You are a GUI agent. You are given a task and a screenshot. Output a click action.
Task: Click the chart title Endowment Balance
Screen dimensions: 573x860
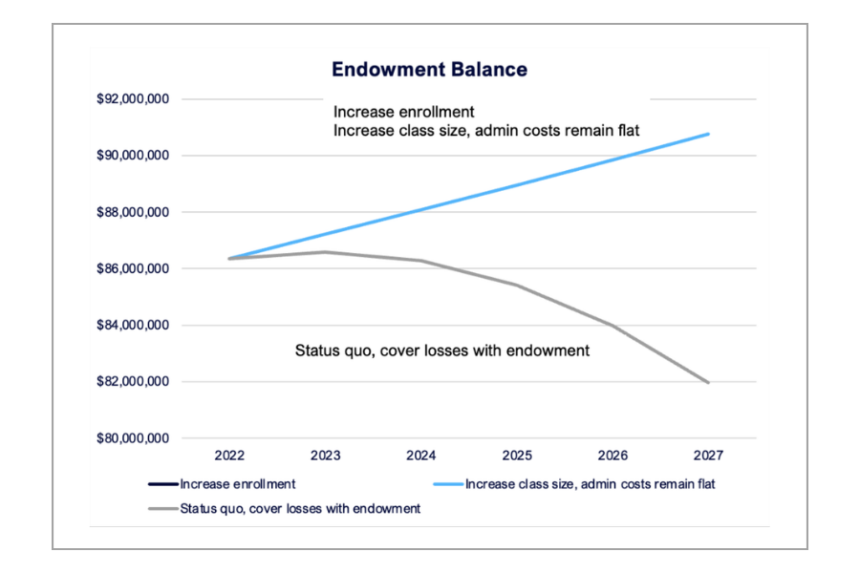coord(429,70)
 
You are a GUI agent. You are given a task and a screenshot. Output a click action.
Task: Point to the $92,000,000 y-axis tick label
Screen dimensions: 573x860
coord(134,99)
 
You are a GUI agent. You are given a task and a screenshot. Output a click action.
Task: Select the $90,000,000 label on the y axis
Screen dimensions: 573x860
coord(134,156)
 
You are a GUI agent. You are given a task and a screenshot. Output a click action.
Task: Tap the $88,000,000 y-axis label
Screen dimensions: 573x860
coord(134,212)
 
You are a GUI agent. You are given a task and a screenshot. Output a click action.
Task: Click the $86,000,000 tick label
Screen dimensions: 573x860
coord(134,269)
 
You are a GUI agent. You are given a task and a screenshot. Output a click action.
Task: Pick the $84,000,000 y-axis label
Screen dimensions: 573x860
coord(134,326)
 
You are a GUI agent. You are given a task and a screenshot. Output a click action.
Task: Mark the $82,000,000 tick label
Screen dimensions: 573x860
coord(134,382)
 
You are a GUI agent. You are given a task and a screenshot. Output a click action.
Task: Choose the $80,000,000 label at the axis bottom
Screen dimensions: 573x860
coord(134,439)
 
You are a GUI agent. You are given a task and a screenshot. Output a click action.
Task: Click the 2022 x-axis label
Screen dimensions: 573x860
coord(230,457)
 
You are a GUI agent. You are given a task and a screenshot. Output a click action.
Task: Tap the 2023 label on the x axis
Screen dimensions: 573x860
coord(326,457)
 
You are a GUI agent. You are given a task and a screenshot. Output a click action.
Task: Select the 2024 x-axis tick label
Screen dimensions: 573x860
coord(421,457)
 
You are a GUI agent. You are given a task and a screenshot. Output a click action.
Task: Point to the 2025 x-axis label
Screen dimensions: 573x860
coord(517,457)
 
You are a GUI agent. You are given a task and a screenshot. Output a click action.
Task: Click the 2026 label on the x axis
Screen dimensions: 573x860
coord(613,457)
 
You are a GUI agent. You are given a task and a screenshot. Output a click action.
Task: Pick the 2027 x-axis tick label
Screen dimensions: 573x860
coord(708,457)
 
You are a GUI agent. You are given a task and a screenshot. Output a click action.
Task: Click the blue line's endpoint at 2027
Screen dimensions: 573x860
coord(708,134)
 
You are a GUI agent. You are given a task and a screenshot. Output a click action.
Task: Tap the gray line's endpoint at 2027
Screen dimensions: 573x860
coord(708,382)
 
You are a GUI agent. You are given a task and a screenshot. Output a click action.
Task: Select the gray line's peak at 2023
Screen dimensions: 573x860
coord(326,252)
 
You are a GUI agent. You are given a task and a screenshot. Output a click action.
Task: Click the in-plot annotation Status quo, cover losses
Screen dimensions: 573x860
coord(441,350)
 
